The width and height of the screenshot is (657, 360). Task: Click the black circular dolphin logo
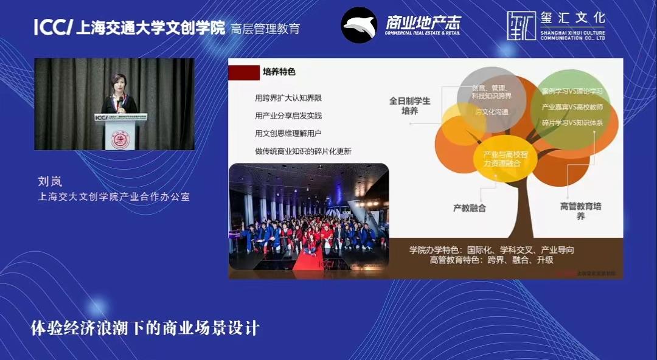pos(358,25)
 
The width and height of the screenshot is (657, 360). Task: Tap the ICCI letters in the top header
pos(54,27)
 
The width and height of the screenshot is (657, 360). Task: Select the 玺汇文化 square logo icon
pos(521,26)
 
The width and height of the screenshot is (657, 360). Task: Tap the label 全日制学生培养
pos(409,106)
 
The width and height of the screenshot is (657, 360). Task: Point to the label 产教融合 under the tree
pos(470,208)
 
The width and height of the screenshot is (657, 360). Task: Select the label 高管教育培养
pos(580,211)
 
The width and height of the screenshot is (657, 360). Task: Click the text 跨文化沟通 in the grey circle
pos(492,112)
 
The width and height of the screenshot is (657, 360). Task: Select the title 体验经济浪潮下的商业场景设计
pos(145,328)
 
